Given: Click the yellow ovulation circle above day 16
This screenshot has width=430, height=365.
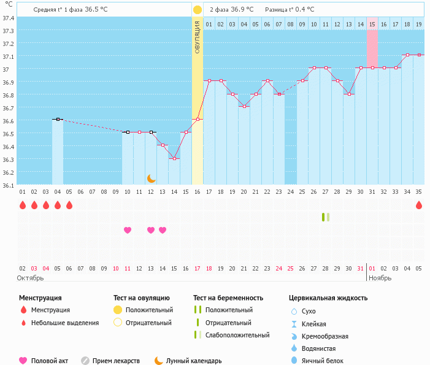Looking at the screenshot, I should click(198, 10).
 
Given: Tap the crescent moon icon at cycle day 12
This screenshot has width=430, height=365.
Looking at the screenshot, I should click(151, 179).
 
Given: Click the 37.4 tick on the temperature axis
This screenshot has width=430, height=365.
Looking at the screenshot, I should click(7, 18).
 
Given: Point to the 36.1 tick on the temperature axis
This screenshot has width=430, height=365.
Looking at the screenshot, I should click(7, 184).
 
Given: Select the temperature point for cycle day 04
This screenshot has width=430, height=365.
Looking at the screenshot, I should click(58, 119).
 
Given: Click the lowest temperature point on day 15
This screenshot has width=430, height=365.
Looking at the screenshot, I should click(174, 158).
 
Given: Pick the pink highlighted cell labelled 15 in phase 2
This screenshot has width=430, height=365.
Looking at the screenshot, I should click(372, 24).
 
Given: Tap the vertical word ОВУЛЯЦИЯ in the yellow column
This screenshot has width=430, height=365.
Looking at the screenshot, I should click(198, 37).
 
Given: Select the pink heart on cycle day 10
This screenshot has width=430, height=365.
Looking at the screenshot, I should click(128, 230).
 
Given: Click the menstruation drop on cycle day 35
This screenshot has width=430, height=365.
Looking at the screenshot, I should click(419, 205).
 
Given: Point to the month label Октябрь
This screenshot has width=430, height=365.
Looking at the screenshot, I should click(31, 278).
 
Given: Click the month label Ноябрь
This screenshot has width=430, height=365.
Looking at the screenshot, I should click(381, 278).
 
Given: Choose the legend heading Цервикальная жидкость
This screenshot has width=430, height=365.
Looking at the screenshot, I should click(328, 298).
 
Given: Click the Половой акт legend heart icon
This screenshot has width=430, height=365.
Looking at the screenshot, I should click(23, 361).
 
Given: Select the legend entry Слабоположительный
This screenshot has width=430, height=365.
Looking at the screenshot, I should click(237, 335).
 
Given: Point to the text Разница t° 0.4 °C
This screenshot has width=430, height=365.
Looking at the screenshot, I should click(290, 10).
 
